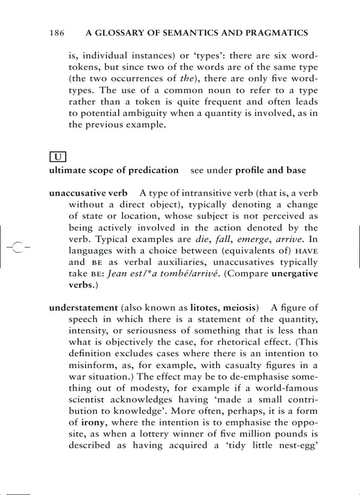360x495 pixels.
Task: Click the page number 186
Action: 57,33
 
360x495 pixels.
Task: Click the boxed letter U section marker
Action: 58,156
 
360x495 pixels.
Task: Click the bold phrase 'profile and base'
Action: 270,170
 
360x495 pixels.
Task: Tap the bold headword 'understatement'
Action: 83,307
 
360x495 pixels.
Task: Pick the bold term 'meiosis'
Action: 240,307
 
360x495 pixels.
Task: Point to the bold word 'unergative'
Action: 295,273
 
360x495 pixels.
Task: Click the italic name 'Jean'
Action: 118,273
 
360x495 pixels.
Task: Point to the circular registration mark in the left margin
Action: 18,247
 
